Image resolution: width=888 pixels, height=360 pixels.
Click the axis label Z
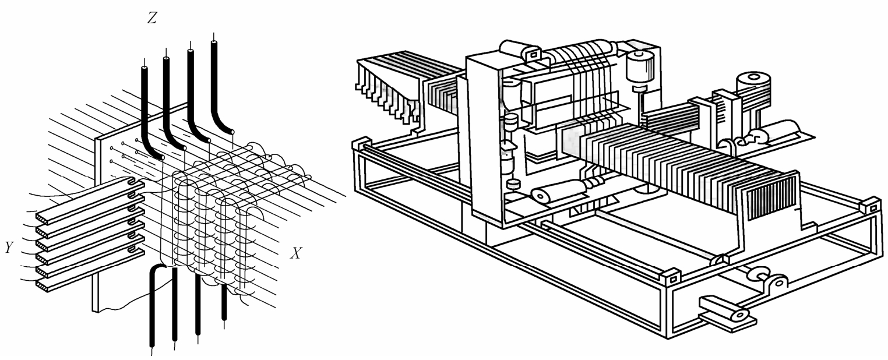click(151, 19)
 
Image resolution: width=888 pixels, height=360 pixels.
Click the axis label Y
click(9, 248)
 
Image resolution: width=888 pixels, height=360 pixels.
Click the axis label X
click(297, 253)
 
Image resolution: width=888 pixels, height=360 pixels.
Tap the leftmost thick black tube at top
click(145, 105)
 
